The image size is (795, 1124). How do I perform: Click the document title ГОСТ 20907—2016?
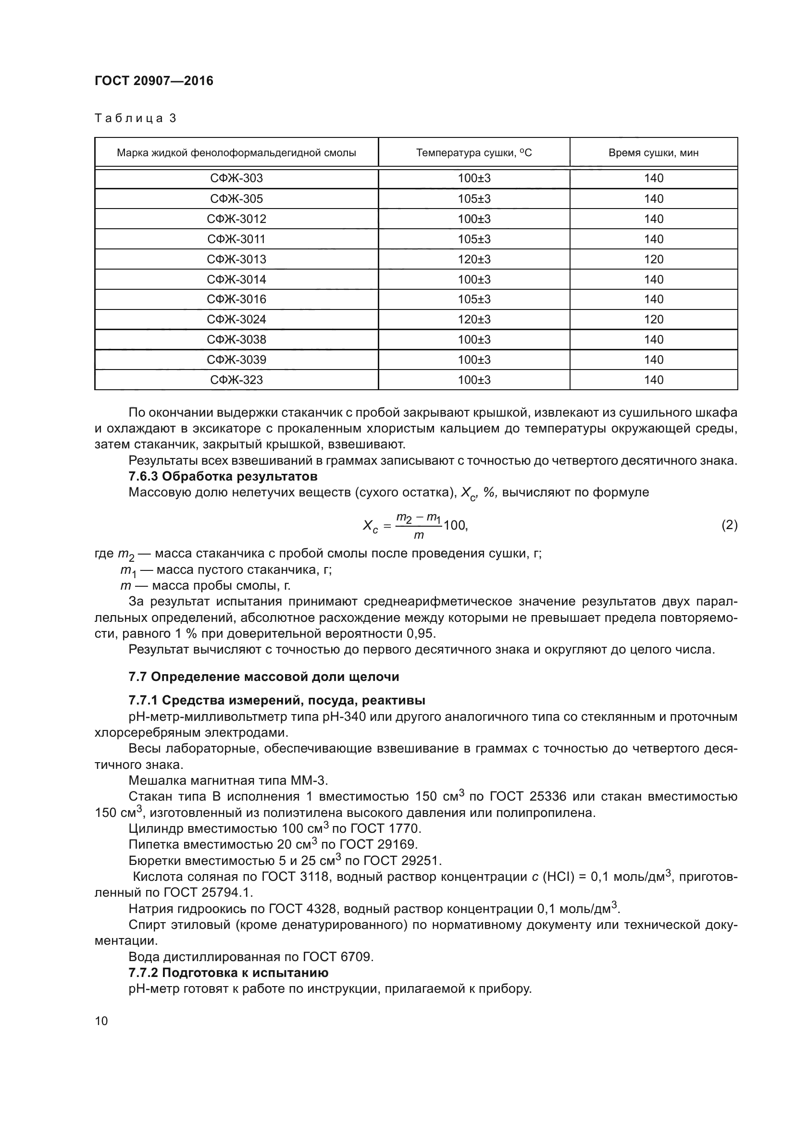click(x=154, y=81)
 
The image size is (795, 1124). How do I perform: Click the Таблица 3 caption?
click(x=135, y=118)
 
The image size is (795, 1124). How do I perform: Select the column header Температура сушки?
click(x=473, y=153)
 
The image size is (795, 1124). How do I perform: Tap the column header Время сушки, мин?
click(x=653, y=153)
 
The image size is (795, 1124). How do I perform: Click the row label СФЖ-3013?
click(x=236, y=259)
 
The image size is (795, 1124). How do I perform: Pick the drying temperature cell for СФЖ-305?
click(x=474, y=199)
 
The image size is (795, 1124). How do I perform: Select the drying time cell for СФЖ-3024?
click(x=653, y=319)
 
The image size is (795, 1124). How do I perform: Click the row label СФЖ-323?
click(x=236, y=380)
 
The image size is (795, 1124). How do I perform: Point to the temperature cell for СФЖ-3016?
click(x=474, y=299)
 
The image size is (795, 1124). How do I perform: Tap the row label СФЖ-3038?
click(x=236, y=339)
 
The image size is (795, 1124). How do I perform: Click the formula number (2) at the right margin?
click(x=729, y=525)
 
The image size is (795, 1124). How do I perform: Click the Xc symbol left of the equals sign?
click(x=370, y=526)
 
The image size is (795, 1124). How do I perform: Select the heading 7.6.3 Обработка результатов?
click(x=223, y=476)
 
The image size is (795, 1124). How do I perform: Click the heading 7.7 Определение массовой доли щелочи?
click(x=264, y=677)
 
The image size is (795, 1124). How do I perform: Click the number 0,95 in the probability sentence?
click(x=420, y=633)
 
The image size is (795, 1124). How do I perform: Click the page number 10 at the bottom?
click(x=101, y=1021)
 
